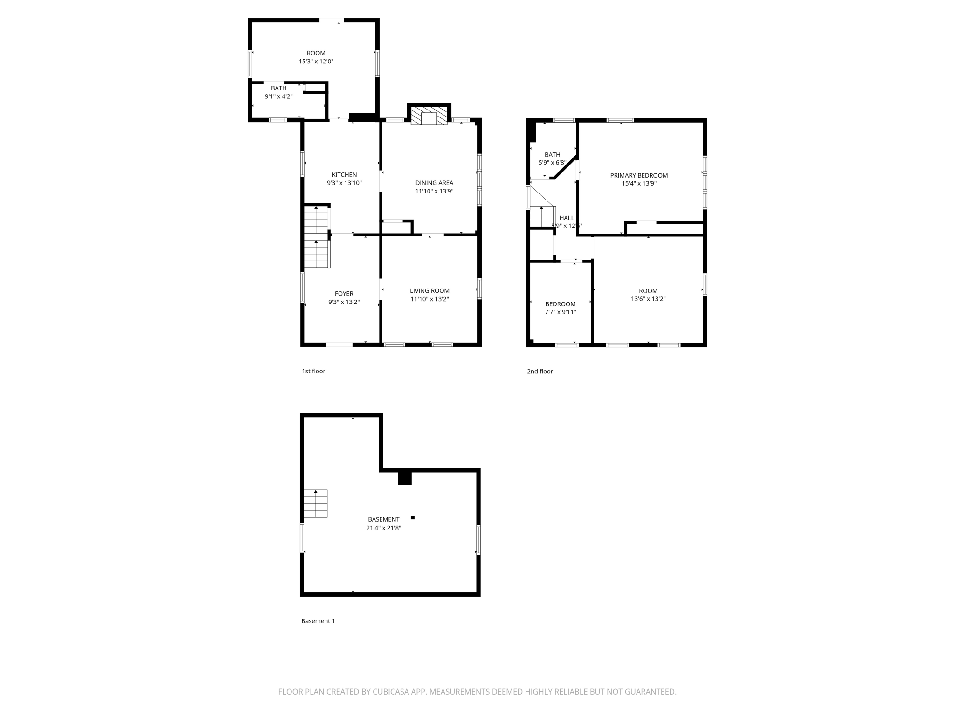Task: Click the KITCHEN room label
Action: pyautogui.click(x=344, y=175)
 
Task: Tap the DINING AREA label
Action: pyautogui.click(x=434, y=183)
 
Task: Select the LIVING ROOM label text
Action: pyautogui.click(x=429, y=291)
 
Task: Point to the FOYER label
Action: pyautogui.click(x=344, y=294)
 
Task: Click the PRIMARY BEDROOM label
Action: pyautogui.click(x=639, y=175)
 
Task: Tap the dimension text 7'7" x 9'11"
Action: pyautogui.click(x=561, y=312)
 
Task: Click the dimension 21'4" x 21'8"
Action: pyautogui.click(x=383, y=528)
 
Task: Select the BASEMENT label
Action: pyautogui.click(x=383, y=519)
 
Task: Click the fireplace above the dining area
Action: pyautogui.click(x=429, y=117)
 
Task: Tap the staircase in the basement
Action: pyautogui.click(x=316, y=503)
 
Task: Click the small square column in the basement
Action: pyautogui.click(x=412, y=517)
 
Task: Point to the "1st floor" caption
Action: pyautogui.click(x=313, y=371)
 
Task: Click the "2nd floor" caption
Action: pyautogui.click(x=540, y=372)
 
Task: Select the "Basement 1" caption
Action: pyautogui.click(x=318, y=621)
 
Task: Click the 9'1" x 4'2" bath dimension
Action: pyautogui.click(x=278, y=96)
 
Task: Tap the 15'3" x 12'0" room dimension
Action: pyautogui.click(x=316, y=62)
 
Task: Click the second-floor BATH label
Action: pyautogui.click(x=552, y=155)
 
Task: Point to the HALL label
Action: pyautogui.click(x=567, y=218)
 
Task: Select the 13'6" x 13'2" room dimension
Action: pyautogui.click(x=648, y=299)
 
